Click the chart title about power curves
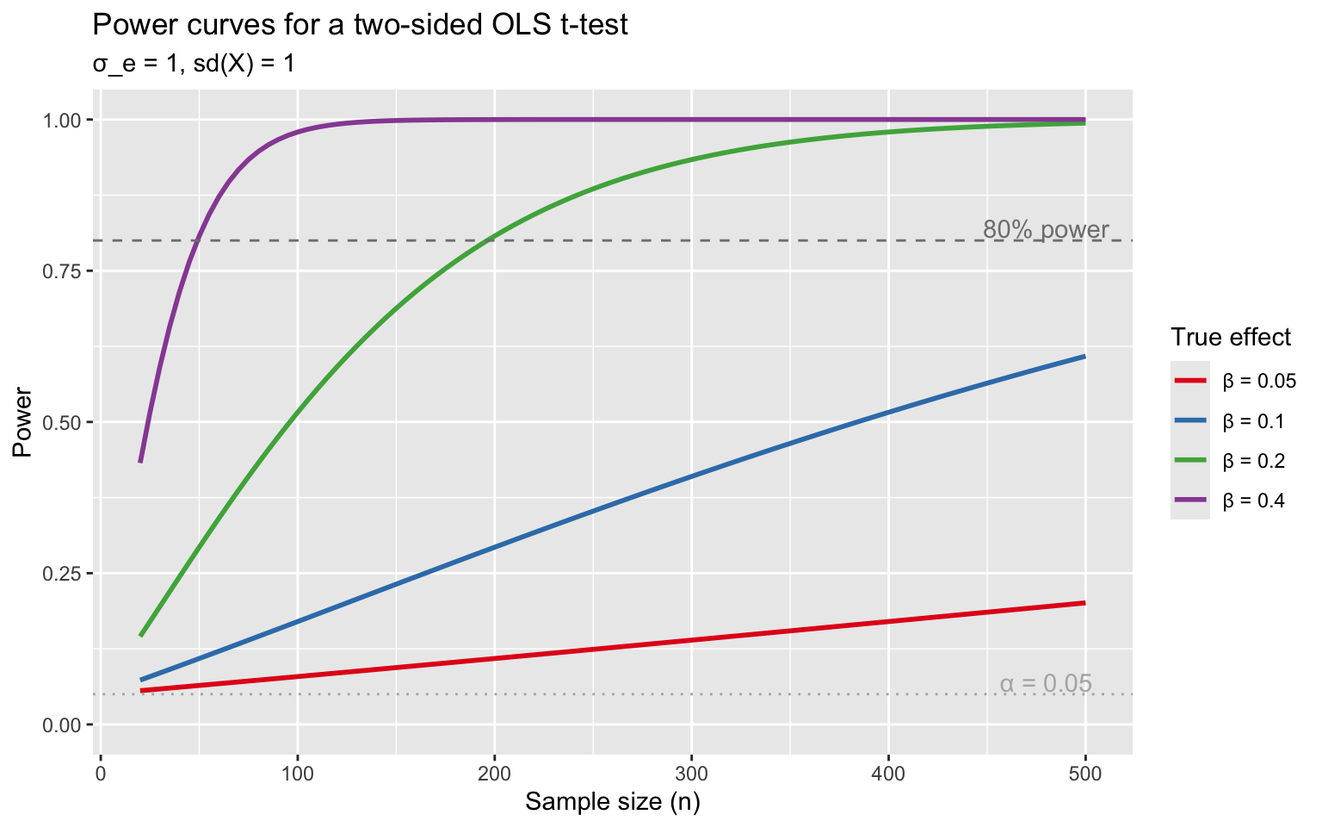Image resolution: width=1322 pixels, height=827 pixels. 360,25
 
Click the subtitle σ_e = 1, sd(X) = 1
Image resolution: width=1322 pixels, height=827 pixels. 194,64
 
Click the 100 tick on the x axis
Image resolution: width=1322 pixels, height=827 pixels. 297,773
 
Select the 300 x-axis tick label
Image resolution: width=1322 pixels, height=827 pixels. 691,773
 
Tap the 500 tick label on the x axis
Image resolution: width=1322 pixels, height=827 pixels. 1085,773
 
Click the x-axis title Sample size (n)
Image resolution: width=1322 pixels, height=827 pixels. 613,802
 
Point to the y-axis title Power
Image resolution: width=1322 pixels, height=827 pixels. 22,422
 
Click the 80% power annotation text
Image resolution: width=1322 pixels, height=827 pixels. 1046,230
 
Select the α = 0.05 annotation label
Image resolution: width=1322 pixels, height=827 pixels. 1046,684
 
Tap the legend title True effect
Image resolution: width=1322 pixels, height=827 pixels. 1231,337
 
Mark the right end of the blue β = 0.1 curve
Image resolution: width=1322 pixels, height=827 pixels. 1084,356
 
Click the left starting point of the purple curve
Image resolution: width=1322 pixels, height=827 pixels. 140,463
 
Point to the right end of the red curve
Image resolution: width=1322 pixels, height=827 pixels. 1084,602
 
